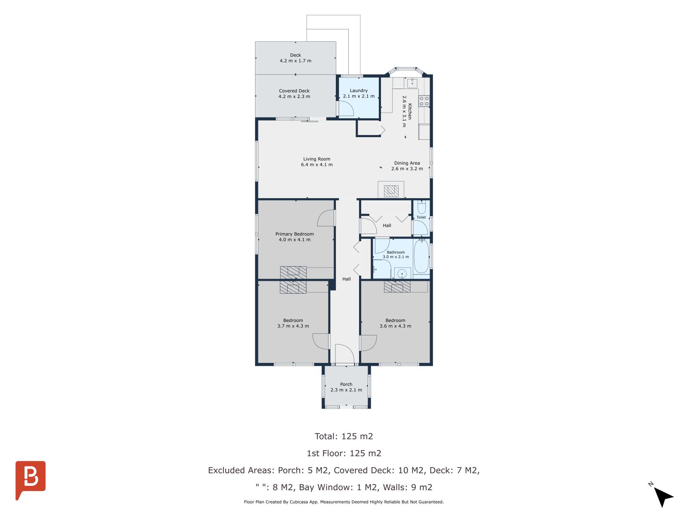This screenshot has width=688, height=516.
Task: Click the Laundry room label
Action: [x=359, y=91]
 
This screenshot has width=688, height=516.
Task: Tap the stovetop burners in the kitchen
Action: [x=424, y=101]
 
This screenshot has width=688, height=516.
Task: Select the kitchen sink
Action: [x=412, y=83]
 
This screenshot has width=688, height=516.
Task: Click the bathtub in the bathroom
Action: [x=421, y=256]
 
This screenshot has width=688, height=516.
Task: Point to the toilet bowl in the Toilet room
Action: [x=421, y=207]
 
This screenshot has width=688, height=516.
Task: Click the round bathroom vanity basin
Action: [x=402, y=274]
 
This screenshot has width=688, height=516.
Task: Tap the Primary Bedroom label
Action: [x=294, y=234]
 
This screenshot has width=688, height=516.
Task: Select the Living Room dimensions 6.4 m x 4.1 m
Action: [x=316, y=165]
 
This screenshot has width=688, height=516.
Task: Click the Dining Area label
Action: [x=407, y=163]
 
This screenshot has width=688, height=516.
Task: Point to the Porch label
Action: [x=346, y=384]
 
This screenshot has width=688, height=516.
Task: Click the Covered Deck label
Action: [x=294, y=91]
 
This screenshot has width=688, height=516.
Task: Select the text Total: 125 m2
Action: [x=344, y=436]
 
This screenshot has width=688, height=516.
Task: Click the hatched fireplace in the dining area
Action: [x=391, y=191]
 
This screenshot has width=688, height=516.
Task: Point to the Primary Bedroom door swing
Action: [x=326, y=218]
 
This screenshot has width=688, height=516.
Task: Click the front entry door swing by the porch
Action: [x=344, y=354]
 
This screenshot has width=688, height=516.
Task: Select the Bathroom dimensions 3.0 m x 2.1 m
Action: [x=396, y=257]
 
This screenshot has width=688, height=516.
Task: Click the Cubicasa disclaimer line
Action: [x=344, y=502]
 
